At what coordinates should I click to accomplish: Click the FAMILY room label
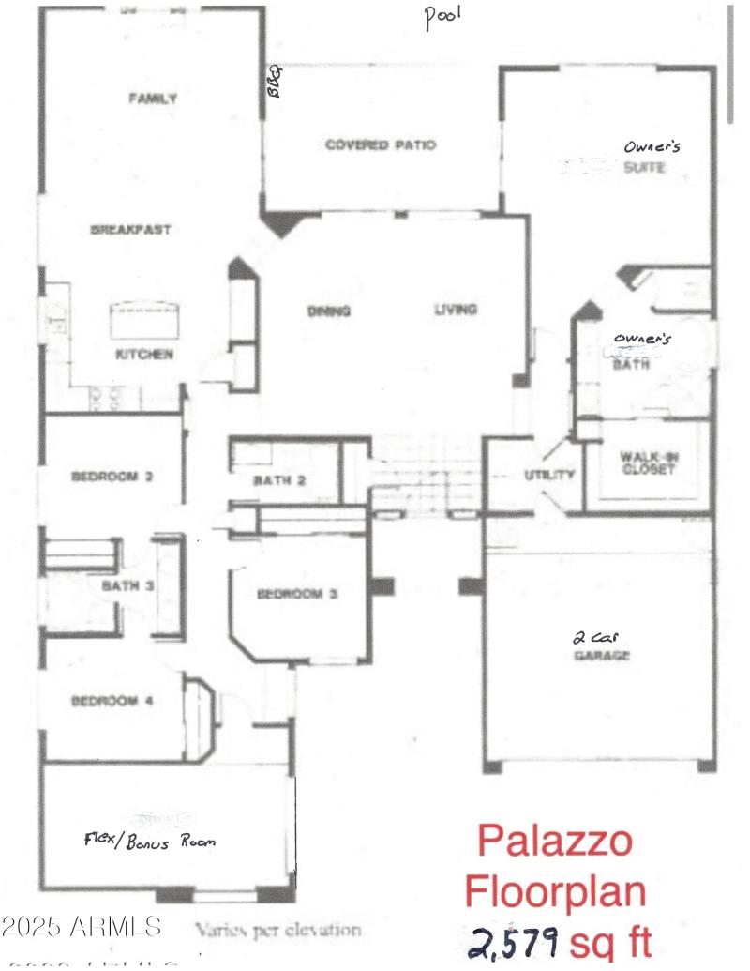point(153,98)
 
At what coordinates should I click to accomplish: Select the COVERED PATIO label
point(381,144)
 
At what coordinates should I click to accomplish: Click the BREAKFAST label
point(130,229)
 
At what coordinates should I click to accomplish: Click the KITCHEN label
point(143,354)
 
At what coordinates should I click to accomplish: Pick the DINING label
point(328,311)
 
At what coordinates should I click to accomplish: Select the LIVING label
point(456,310)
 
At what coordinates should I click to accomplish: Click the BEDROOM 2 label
point(112,476)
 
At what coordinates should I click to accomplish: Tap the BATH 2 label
point(282,481)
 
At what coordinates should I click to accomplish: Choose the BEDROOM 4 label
point(112,700)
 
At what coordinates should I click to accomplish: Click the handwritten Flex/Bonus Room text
point(151,840)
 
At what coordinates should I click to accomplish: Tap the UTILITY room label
point(548,475)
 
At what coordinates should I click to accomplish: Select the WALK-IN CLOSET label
point(647,463)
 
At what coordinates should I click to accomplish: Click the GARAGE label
point(601,656)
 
